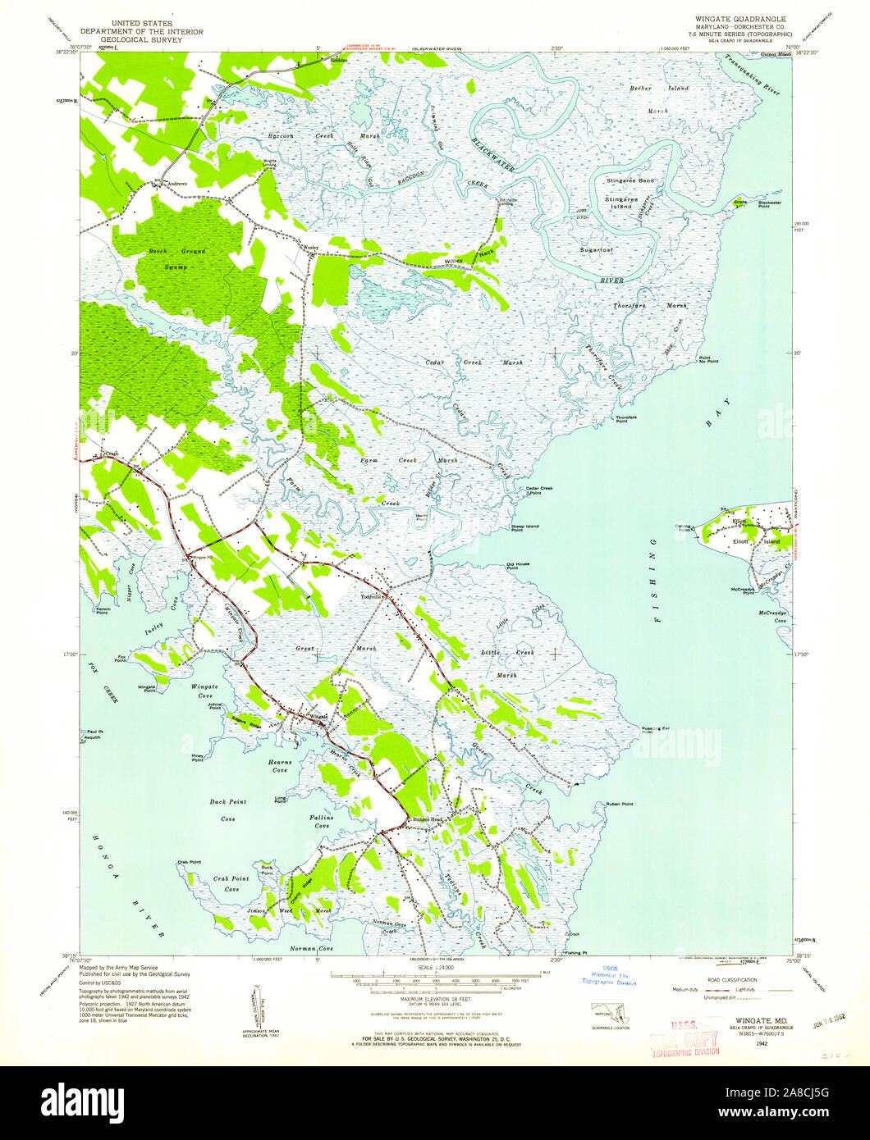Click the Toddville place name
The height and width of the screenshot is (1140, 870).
[373, 597]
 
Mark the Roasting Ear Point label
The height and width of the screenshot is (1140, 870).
[653, 729]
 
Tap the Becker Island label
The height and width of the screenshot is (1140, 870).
[646, 87]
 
